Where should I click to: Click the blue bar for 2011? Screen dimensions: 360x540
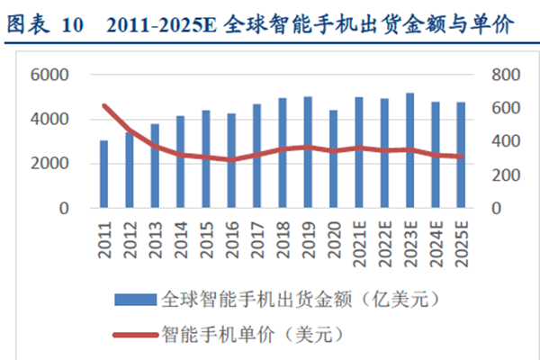point(103,175)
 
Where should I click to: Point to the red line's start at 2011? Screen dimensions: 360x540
point(103,107)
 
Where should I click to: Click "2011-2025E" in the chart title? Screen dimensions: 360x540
point(155,25)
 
